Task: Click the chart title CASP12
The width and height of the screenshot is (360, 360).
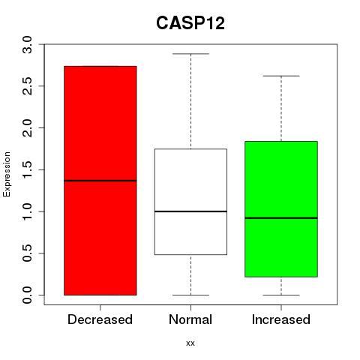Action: [x=190, y=23]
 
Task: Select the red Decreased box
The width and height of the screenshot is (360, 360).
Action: [x=100, y=181]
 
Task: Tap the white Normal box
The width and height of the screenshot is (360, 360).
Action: [x=190, y=202]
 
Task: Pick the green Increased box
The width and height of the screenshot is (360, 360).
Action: [x=281, y=209]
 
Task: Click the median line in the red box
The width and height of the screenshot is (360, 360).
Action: [x=100, y=181]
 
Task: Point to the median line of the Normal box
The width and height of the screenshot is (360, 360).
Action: [x=190, y=211]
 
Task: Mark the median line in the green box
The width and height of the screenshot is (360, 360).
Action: [x=281, y=218]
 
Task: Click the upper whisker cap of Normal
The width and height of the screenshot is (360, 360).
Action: [x=190, y=54]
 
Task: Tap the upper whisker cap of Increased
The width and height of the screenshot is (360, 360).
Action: [x=281, y=76]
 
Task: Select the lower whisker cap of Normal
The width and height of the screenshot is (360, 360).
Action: [x=190, y=295]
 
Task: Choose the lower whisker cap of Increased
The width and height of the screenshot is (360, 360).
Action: [x=281, y=295]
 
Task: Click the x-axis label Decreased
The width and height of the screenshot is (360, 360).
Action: [x=100, y=319]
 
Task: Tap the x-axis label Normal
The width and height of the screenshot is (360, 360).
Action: [x=190, y=319]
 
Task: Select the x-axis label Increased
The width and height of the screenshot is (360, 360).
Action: [x=281, y=319]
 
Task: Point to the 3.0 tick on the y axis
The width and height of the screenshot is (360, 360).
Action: [x=27, y=44]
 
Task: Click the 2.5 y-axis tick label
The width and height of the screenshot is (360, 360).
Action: [x=27, y=86]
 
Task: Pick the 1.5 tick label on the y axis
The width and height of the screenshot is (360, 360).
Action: [x=27, y=169]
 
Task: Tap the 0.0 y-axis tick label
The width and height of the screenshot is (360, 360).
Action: [x=27, y=295]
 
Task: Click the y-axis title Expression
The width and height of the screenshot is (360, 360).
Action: [x=7, y=174]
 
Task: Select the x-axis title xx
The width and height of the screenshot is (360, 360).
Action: [x=190, y=343]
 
